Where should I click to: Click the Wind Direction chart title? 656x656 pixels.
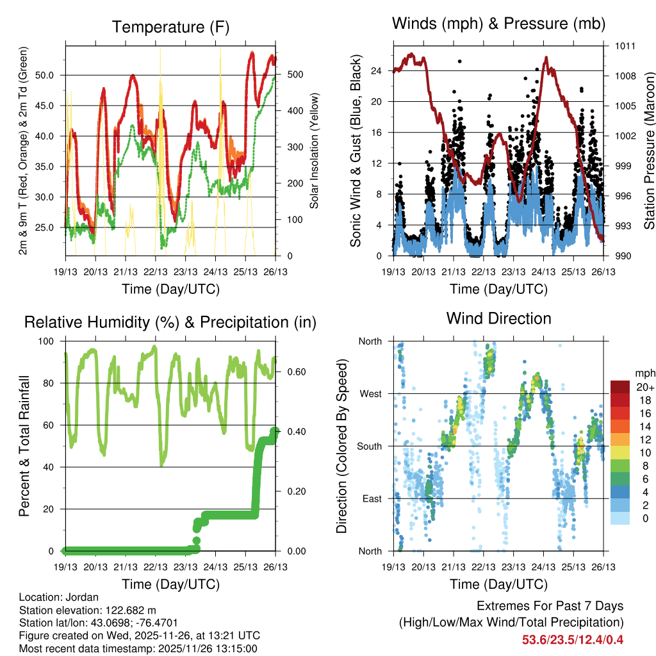click(498, 318)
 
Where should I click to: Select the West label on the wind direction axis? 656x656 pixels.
click(371, 393)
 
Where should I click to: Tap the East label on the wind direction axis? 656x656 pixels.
click(372, 498)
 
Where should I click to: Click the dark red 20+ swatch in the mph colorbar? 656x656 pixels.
click(619, 387)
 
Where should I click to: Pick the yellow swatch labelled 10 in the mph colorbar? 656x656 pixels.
click(619, 452)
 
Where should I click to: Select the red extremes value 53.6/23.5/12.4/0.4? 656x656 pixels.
click(573, 639)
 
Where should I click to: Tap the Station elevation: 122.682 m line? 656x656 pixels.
click(88, 610)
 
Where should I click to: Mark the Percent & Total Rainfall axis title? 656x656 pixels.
click(24, 446)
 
